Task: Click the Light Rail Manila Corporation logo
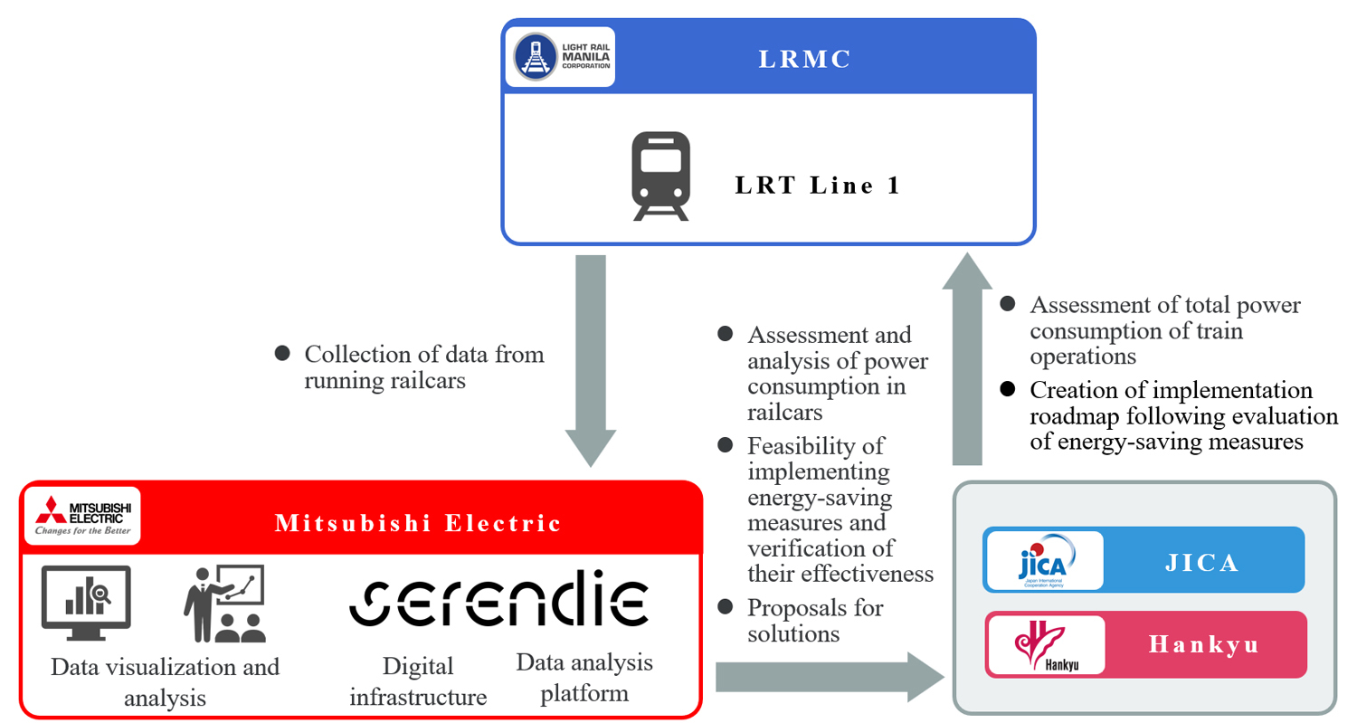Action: (x=560, y=56)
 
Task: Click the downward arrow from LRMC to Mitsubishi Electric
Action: (x=591, y=360)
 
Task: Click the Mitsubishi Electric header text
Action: (x=419, y=523)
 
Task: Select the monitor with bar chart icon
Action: (x=87, y=598)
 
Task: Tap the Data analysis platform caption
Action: (x=584, y=678)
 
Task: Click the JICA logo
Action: (x=1044, y=560)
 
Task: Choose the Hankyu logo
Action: (x=1045, y=644)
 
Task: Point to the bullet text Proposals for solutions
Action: (x=815, y=620)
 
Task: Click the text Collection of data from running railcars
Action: (x=423, y=366)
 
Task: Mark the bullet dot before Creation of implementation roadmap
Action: (x=1007, y=390)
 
